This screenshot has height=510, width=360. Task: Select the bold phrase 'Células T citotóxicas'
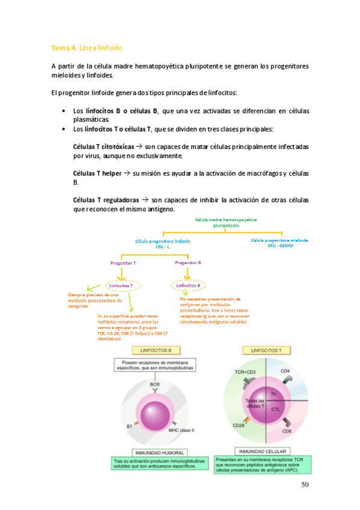tap(100, 146)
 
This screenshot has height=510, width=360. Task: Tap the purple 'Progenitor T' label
tap(123, 263)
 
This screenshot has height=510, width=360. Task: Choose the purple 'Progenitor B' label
tap(188, 263)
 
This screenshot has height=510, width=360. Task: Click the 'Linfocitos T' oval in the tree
tap(123, 286)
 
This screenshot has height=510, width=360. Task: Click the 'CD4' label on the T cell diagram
tap(285, 371)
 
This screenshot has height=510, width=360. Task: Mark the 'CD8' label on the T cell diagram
tap(288, 431)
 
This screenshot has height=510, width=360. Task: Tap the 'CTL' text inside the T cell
tap(276, 409)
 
